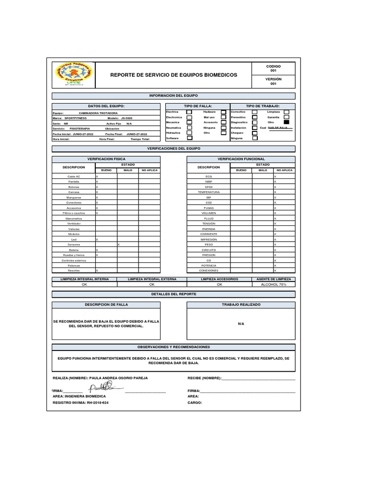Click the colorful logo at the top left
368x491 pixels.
tap(73, 74)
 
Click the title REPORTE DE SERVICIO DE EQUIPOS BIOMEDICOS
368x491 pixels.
tap(173, 75)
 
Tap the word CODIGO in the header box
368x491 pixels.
tap(273, 66)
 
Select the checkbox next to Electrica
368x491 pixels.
tap(189, 112)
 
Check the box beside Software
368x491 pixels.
tap(189, 138)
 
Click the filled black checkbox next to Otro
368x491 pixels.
tap(287, 122)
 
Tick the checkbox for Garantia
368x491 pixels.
tap(287, 117)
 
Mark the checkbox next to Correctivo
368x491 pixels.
tap(254, 112)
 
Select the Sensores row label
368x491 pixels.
tap(74, 245)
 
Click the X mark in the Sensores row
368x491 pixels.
tap(118, 245)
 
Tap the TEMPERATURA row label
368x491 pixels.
tap(208, 192)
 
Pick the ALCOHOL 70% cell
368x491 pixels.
tap(274, 284)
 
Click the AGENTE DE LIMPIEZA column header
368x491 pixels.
tap(274, 279)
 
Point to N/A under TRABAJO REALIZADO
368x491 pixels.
tap(241, 324)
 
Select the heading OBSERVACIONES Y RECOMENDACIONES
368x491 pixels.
tap(173, 347)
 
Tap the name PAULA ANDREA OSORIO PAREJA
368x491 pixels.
tap(118, 378)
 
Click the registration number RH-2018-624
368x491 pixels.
tap(98, 403)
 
